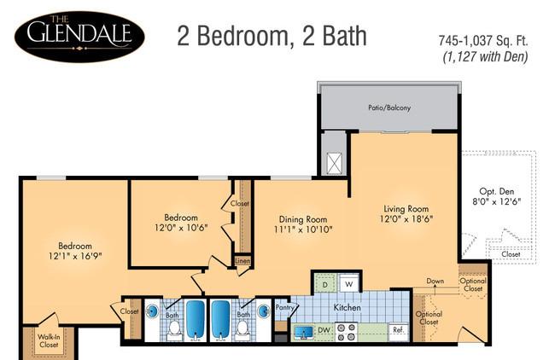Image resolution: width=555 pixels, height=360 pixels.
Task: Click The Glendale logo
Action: click(x=79, y=36)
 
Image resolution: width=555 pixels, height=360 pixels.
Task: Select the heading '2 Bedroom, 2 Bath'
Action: click(x=272, y=36)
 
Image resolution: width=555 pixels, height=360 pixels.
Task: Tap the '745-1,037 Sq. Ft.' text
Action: click(x=483, y=41)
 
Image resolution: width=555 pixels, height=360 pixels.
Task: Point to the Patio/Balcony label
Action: click(x=389, y=107)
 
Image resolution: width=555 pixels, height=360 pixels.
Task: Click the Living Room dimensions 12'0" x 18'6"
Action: click(x=406, y=219)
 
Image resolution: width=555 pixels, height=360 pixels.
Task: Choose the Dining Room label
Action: click(x=303, y=219)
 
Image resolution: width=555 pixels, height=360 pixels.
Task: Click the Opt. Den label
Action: click(x=497, y=191)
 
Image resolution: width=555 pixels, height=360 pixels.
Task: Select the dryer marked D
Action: click(x=325, y=284)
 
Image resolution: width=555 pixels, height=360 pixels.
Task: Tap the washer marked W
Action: click(x=348, y=283)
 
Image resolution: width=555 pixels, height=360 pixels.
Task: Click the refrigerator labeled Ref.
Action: click(x=398, y=330)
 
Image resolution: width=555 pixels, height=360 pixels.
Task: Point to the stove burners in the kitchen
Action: click(x=346, y=332)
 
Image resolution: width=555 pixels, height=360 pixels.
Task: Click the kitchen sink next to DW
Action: click(x=304, y=333)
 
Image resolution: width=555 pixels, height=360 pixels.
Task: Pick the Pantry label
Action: click(x=284, y=307)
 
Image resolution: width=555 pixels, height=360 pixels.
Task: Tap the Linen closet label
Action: click(x=242, y=261)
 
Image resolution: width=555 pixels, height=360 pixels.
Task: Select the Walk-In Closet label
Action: click(x=49, y=340)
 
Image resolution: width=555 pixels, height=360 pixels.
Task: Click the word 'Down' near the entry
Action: click(x=435, y=281)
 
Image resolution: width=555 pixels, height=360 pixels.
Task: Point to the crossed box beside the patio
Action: click(x=334, y=164)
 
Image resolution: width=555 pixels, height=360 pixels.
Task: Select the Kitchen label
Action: click(x=348, y=308)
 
